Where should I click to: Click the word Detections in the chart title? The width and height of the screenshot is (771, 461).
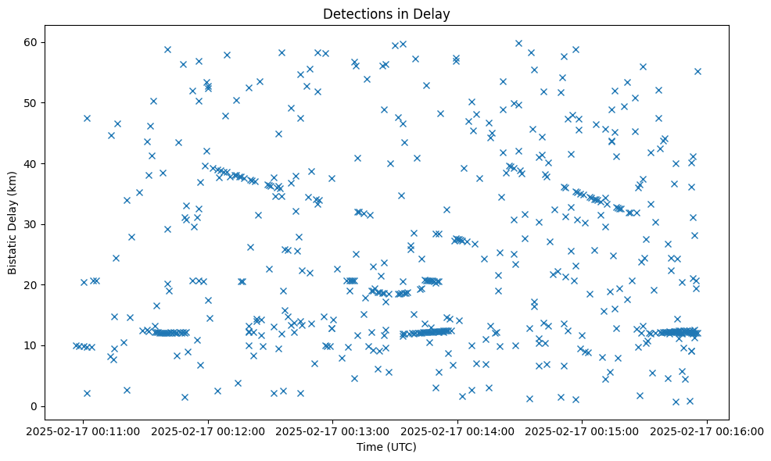[x=352, y=13]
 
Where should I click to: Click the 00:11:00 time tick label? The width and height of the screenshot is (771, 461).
[x=84, y=431]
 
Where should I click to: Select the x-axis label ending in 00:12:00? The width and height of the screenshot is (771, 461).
[x=209, y=431]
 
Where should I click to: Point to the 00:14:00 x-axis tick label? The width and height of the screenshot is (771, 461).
[x=458, y=431]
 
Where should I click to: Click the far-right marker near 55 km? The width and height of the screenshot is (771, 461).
[x=697, y=71]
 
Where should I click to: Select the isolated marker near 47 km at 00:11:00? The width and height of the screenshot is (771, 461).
[x=87, y=118]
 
